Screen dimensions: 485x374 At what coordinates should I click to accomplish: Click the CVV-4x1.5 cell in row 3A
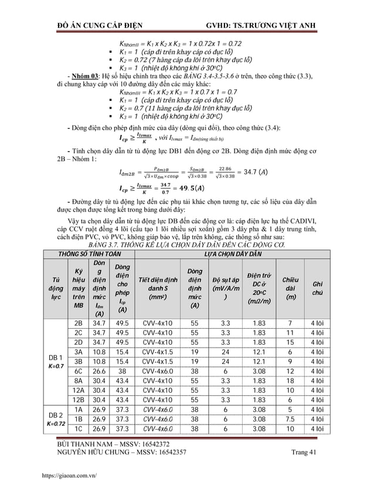tap(158, 351)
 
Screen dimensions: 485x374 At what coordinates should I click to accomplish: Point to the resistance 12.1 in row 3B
tap(259, 361)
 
